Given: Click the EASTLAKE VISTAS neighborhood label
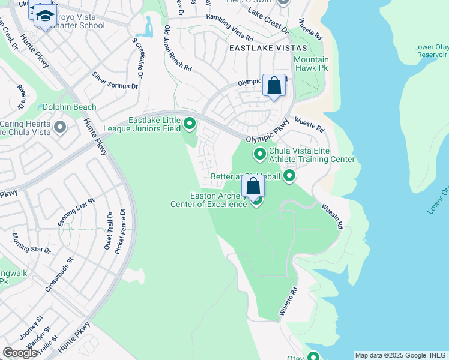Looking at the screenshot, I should (267, 47).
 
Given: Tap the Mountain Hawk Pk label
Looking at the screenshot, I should (311, 64).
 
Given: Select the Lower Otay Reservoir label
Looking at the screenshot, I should (431, 50).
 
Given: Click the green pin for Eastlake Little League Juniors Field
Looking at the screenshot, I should (190, 124).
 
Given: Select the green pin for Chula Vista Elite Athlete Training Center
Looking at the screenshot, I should (260, 154).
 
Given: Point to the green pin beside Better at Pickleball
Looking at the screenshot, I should (289, 176).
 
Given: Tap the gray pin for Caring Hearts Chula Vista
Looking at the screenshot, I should (59, 127).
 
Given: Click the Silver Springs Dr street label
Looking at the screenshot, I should (115, 80).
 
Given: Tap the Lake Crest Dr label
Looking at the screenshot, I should (268, 20).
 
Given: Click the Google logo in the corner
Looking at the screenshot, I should (20, 353).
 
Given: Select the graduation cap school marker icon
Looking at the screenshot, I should (43, 15).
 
